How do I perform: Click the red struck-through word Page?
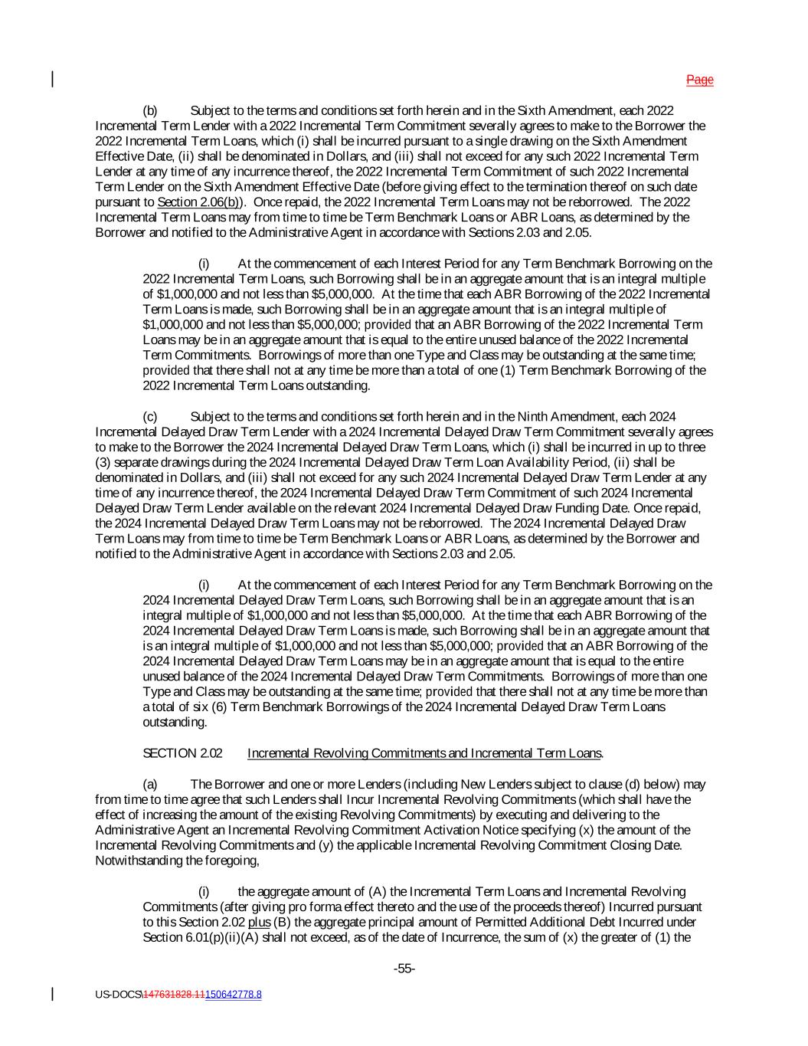[x=699, y=80]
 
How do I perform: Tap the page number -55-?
[x=404, y=969]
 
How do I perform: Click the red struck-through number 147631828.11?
[x=174, y=995]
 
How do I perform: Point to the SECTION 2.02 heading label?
[x=182, y=753]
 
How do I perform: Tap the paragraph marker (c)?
[x=150, y=417]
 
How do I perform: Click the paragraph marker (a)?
[x=150, y=785]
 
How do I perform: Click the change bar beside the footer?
[x=53, y=994]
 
